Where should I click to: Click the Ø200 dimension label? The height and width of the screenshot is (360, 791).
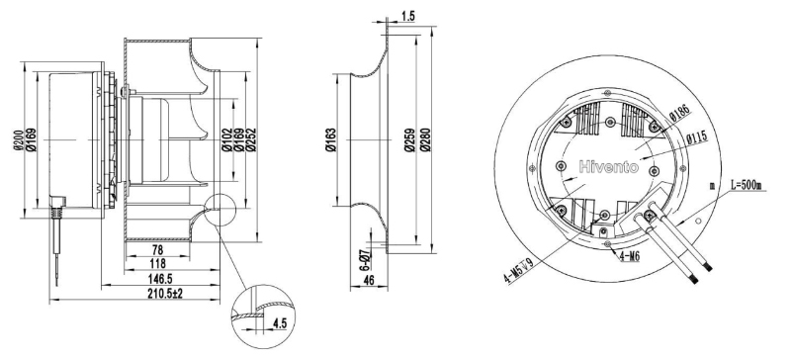coord(17,140)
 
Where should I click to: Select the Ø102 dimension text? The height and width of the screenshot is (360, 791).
coord(226,140)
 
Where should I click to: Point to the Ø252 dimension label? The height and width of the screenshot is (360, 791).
coord(251,140)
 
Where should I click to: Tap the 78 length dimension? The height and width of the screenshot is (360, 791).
coord(157,249)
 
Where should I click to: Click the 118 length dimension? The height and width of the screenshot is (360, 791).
coord(158,263)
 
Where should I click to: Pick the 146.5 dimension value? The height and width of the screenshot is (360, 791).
coord(158,278)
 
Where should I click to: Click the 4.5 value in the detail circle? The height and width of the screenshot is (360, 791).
coord(279,323)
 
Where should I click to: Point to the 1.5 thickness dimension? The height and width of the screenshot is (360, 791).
coord(408,16)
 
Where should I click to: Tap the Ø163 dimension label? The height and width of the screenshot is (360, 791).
coord(331,140)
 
